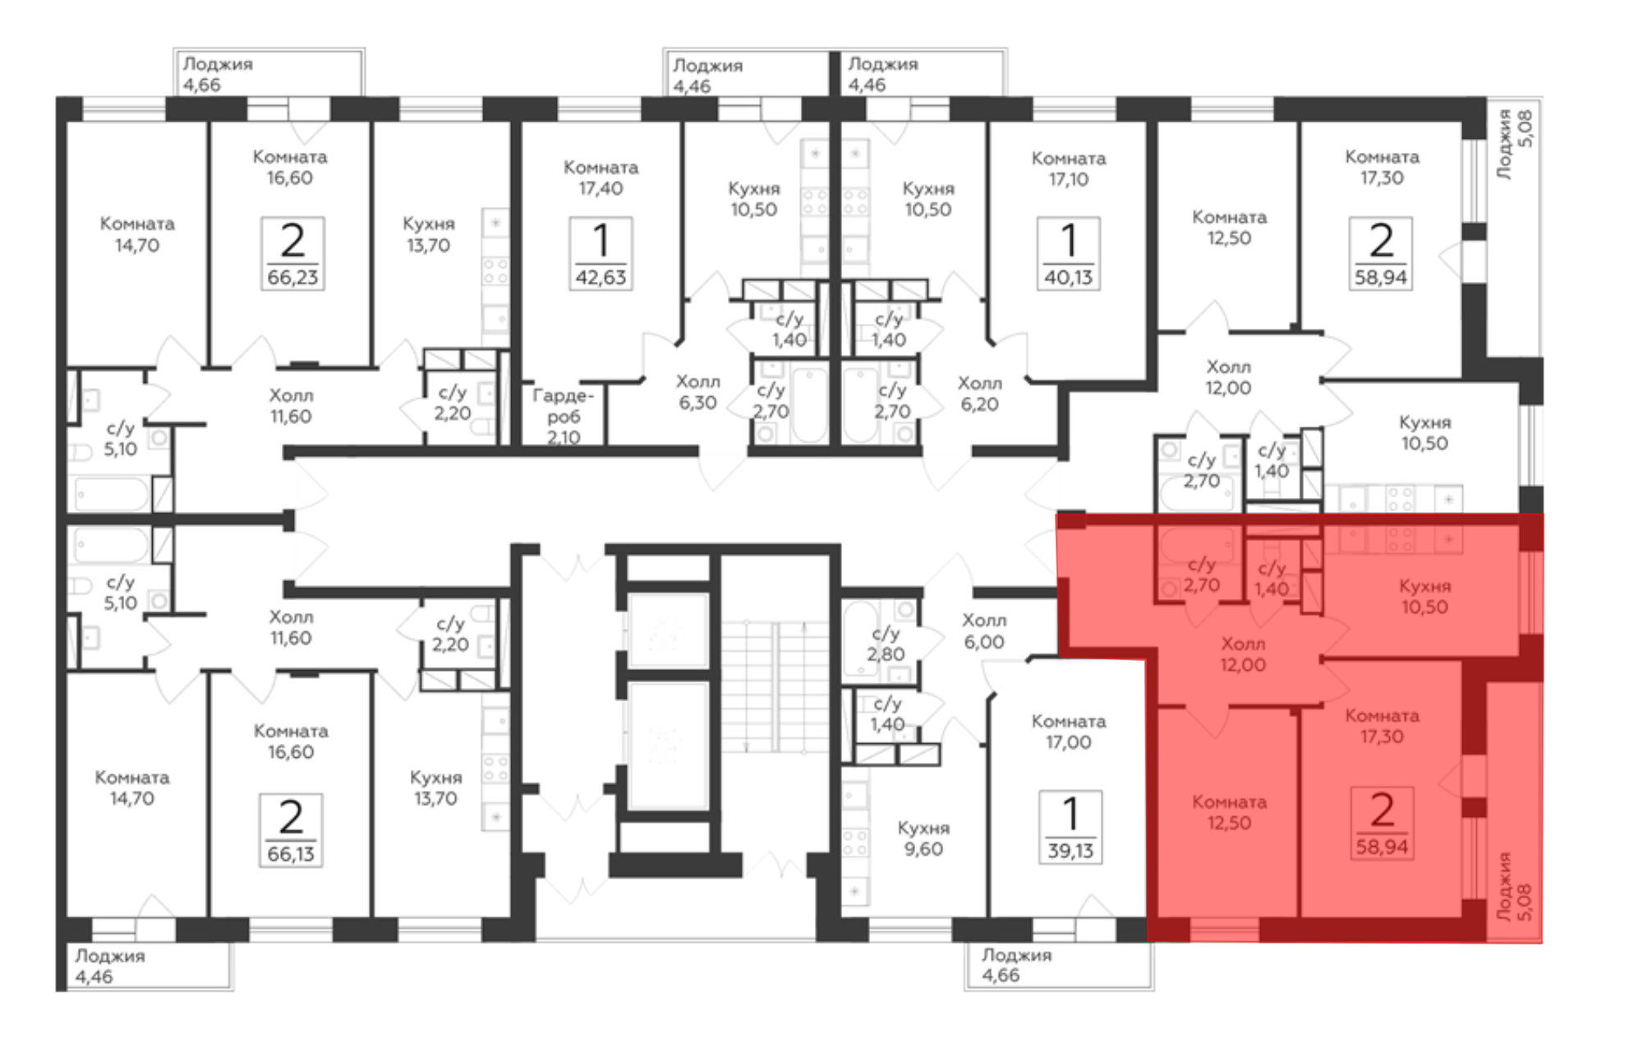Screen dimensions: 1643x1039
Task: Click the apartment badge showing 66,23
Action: pyautogui.click(x=292, y=253)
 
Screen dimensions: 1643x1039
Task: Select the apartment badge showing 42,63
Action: pyautogui.click(x=601, y=253)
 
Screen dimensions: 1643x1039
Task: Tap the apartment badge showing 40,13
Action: pyautogui.click(x=1068, y=253)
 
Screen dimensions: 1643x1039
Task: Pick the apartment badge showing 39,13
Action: pyautogui.click(x=1070, y=827)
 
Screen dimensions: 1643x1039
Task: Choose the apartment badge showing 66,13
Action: pyautogui.click(x=291, y=830)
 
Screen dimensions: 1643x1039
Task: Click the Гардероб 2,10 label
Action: pyautogui.click(x=563, y=416)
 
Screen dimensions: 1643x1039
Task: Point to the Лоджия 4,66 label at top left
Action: pyautogui.click(x=218, y=74)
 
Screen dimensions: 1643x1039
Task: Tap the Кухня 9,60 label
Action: pyautogui.click(x=923, y=838)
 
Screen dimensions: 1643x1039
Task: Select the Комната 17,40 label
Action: pyautogui.click(x=601, y=178)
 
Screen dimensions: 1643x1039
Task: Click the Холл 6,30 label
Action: pyautogui.click(x=697, y=392)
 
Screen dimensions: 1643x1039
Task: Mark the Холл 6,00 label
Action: pyautogui.click(x=984, y=631)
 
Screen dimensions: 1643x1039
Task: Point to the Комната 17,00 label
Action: pyautogui.click(x=1069, y=732)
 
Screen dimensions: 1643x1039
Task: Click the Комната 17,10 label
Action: pyautogui.click(x=1069, y=169)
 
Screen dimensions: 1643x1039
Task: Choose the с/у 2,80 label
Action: pyautogui.click(x=886, y=644)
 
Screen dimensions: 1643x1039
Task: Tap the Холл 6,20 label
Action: pyautogui.click(x=980, y=394)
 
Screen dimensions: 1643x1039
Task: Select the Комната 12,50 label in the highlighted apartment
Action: pyautogui.click(x=1229, y=812)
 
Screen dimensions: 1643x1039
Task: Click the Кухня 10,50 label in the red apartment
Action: pyautogui.click(x=1424, y=596)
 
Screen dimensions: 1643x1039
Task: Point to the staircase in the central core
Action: pyautogui.click(x=775, y=686)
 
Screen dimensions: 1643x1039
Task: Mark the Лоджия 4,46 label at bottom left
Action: pyautogui.click(x=110, y=966)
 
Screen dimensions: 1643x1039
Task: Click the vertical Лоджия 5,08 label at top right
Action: pyautogui.click(x=1514, y=145)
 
